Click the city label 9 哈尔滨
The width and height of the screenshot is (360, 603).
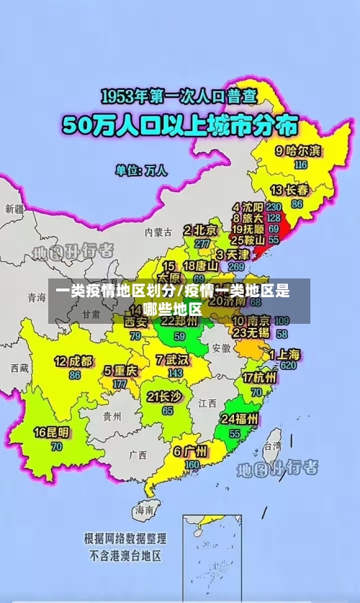[299, 150]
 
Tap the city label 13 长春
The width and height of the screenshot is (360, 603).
[289, 190]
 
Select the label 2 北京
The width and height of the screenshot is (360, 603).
[199, 230]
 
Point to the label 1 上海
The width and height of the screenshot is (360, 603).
[284, 354]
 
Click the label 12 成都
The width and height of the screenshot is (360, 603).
[73, 361]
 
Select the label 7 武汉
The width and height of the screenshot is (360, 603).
[171, 359]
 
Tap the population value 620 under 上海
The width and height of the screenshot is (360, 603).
[288, 365]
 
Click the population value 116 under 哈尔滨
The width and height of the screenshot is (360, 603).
[300, 164]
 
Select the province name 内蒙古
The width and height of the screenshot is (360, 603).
[158, 232]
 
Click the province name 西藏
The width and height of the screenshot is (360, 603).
[19, 368]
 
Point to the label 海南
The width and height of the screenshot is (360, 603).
[144, 510]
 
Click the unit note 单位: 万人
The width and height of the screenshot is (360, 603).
[141, 171]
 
